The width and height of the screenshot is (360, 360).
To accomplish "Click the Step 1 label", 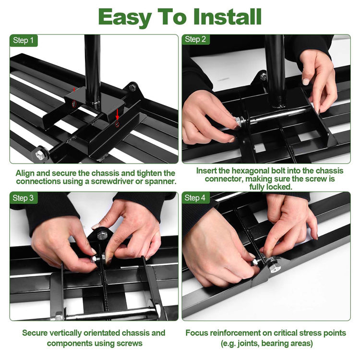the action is tap(24, 40).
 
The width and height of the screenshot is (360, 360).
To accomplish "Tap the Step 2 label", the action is tap(195, 39).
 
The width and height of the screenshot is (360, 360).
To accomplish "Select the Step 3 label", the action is tap(23, 198).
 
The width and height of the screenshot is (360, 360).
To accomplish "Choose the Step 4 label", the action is tap(195, 198).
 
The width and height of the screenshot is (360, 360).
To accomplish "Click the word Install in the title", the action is tap(228, 17).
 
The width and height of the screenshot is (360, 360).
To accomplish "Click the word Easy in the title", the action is tap(125, 18).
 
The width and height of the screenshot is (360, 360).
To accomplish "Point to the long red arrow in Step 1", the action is tap(117, 114).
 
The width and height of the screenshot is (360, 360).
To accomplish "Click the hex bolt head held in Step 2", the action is tap(238, 122).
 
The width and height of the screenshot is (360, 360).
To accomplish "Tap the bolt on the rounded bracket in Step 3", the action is tap(101, 235).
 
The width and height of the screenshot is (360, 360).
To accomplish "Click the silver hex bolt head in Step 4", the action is tap(275, 268).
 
